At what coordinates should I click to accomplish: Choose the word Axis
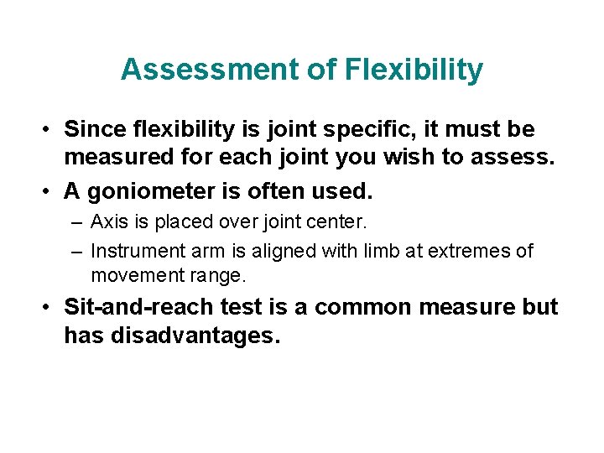tap(107, 222)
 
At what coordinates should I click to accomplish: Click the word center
tap(341, 222)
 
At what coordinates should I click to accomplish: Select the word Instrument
tap(134, 250)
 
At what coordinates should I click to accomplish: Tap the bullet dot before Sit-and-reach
tap(49, 308)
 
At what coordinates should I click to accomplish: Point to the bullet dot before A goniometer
tap(49, 192)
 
